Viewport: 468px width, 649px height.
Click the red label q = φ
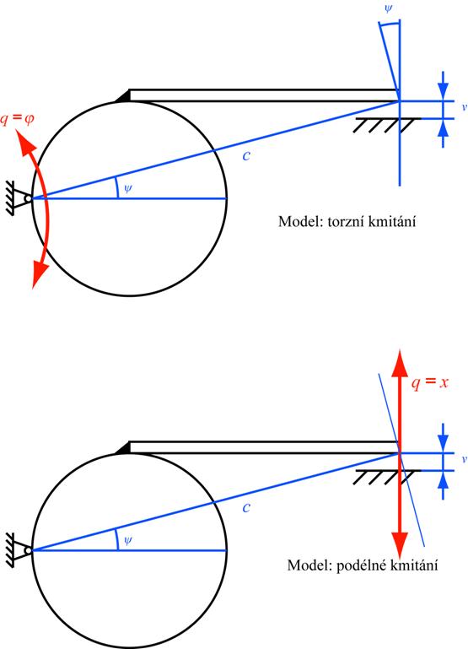click(18, 119)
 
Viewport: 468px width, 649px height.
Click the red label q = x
click(429, 382)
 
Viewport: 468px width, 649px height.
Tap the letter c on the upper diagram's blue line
click(246, 155)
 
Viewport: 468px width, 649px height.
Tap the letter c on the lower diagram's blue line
click(246, 507)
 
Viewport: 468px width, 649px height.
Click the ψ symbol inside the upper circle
click(127, 189)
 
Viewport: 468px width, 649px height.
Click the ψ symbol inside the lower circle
click(127, 540)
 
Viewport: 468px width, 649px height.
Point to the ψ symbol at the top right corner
click(388, 8)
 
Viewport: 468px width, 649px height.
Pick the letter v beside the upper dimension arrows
click(465, 107)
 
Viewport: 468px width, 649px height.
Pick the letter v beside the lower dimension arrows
click(465, 459)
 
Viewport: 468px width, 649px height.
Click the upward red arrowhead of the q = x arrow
click(400, 363)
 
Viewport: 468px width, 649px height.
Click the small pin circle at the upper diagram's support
click(28, 198)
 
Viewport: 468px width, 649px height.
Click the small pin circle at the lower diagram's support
click(28, 551)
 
